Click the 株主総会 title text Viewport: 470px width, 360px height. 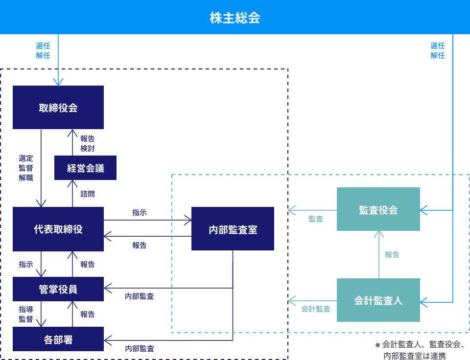click(235, 18)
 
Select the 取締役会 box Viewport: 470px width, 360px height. click(58, 108)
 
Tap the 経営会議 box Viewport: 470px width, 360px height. click(86, 168)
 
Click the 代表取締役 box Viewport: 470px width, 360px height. click(58, 229)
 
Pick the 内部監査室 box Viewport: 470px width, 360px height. click(233, 229)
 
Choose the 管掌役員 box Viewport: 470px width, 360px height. click(58, 289)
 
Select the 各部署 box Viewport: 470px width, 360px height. click(58, 339)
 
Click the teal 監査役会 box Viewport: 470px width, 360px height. click(378, 209)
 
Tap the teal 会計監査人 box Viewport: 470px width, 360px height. click(378, 300)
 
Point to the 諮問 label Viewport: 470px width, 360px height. click(88, 194)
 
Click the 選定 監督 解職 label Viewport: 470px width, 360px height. click(26, 168)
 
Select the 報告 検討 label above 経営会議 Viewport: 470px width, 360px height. click(88, 143)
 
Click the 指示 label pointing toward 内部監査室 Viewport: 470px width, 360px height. click(140, 213)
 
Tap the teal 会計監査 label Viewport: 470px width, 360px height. click(316, 309)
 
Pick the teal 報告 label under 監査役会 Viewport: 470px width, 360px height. click(392, 254)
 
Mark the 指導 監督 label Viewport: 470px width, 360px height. click(26, 314)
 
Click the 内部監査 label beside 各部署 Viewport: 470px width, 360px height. click(140, 348)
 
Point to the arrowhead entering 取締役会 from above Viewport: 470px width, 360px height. click(58, 83)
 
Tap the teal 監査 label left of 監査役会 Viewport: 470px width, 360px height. click(316, 219)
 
